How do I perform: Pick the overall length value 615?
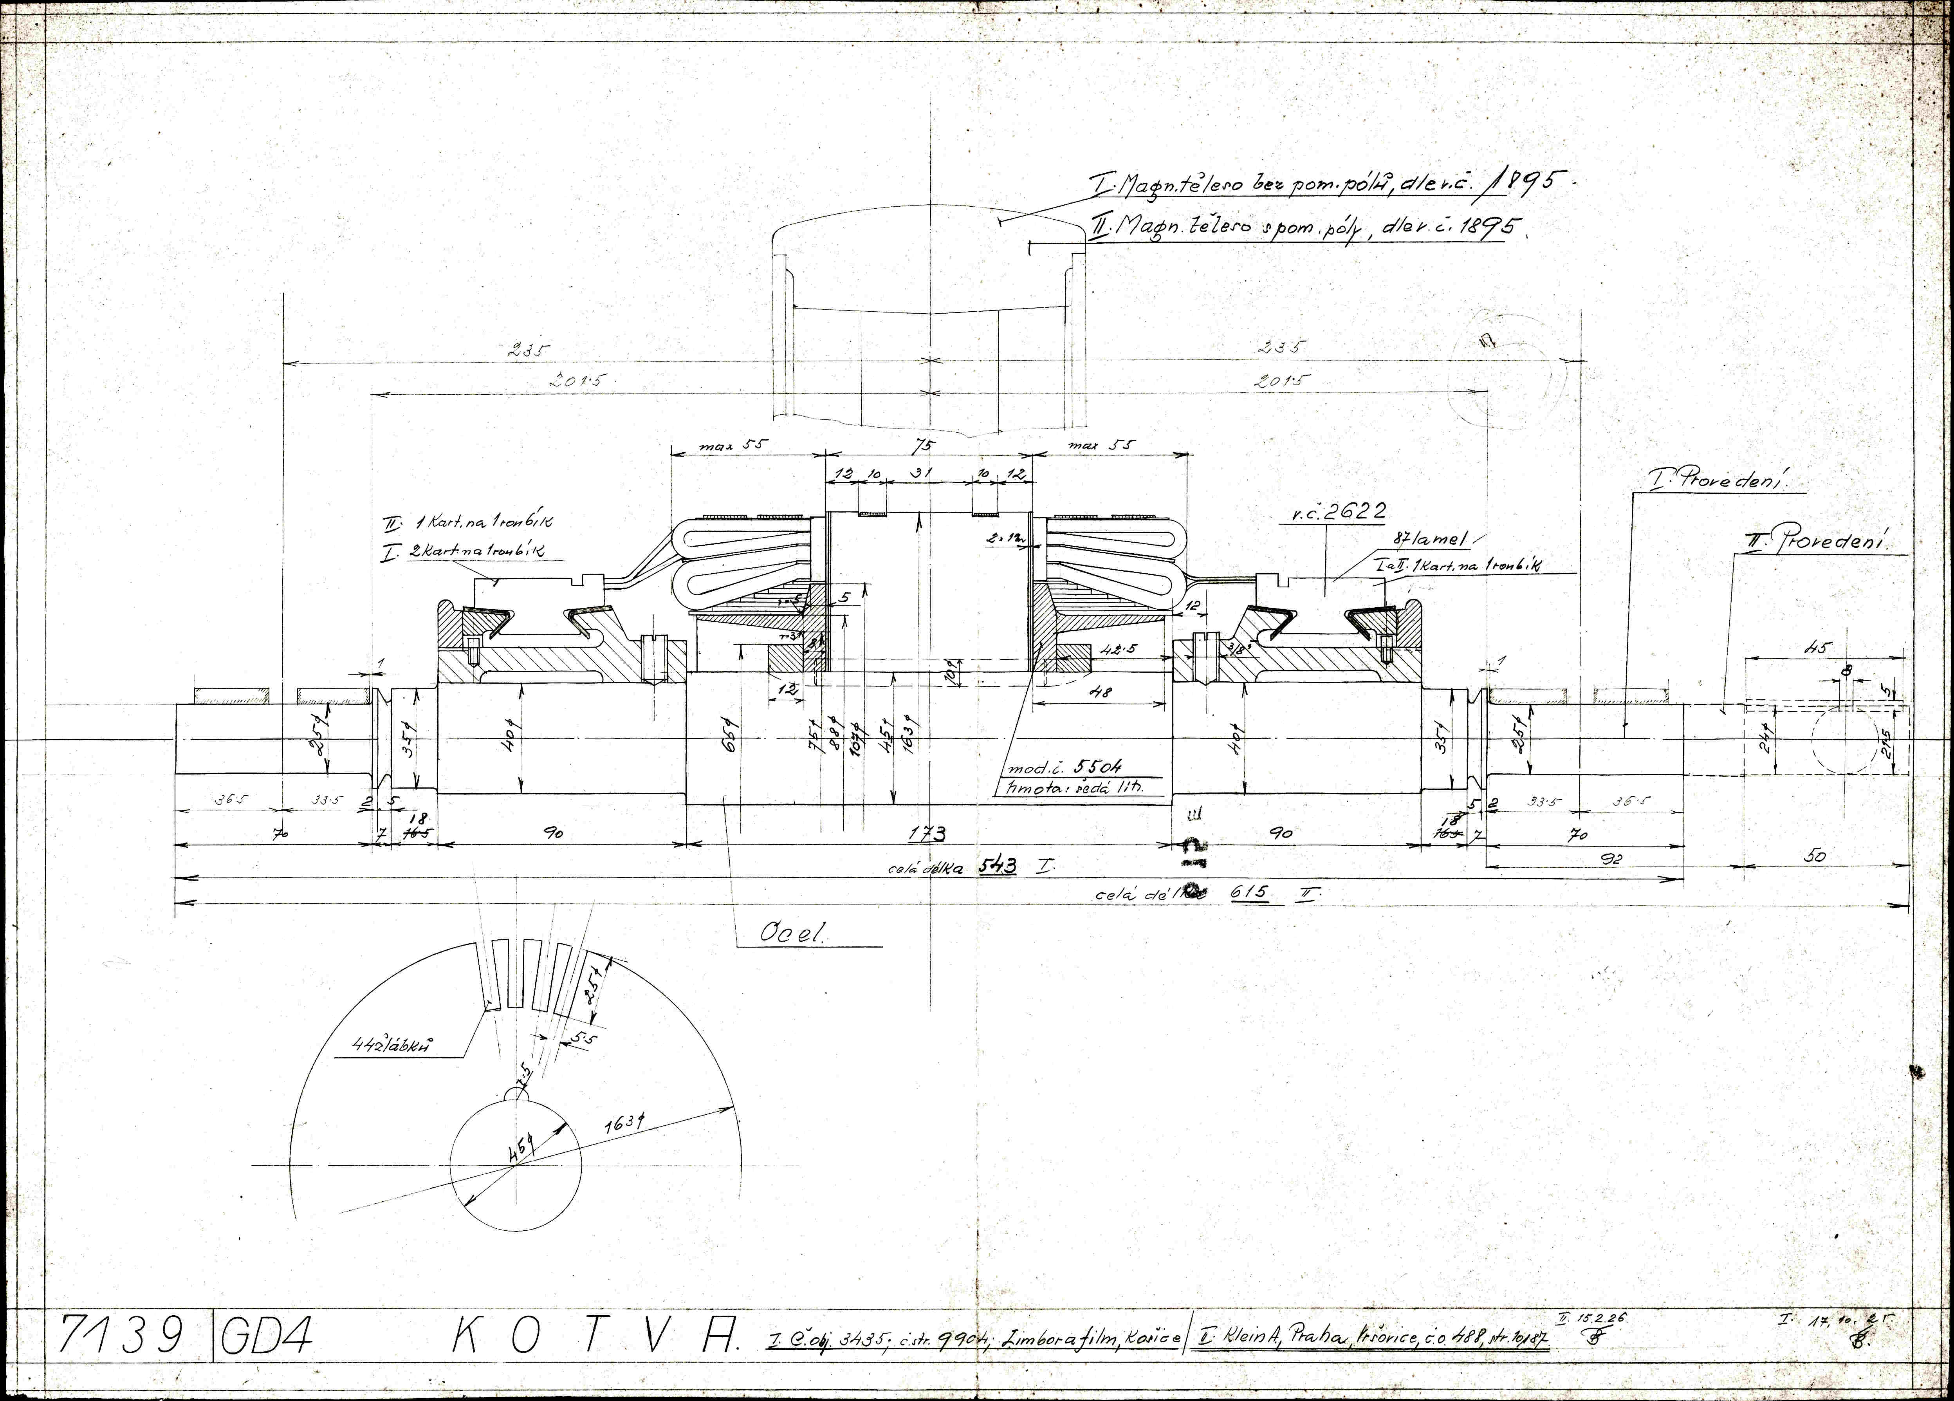pos(1250,893)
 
